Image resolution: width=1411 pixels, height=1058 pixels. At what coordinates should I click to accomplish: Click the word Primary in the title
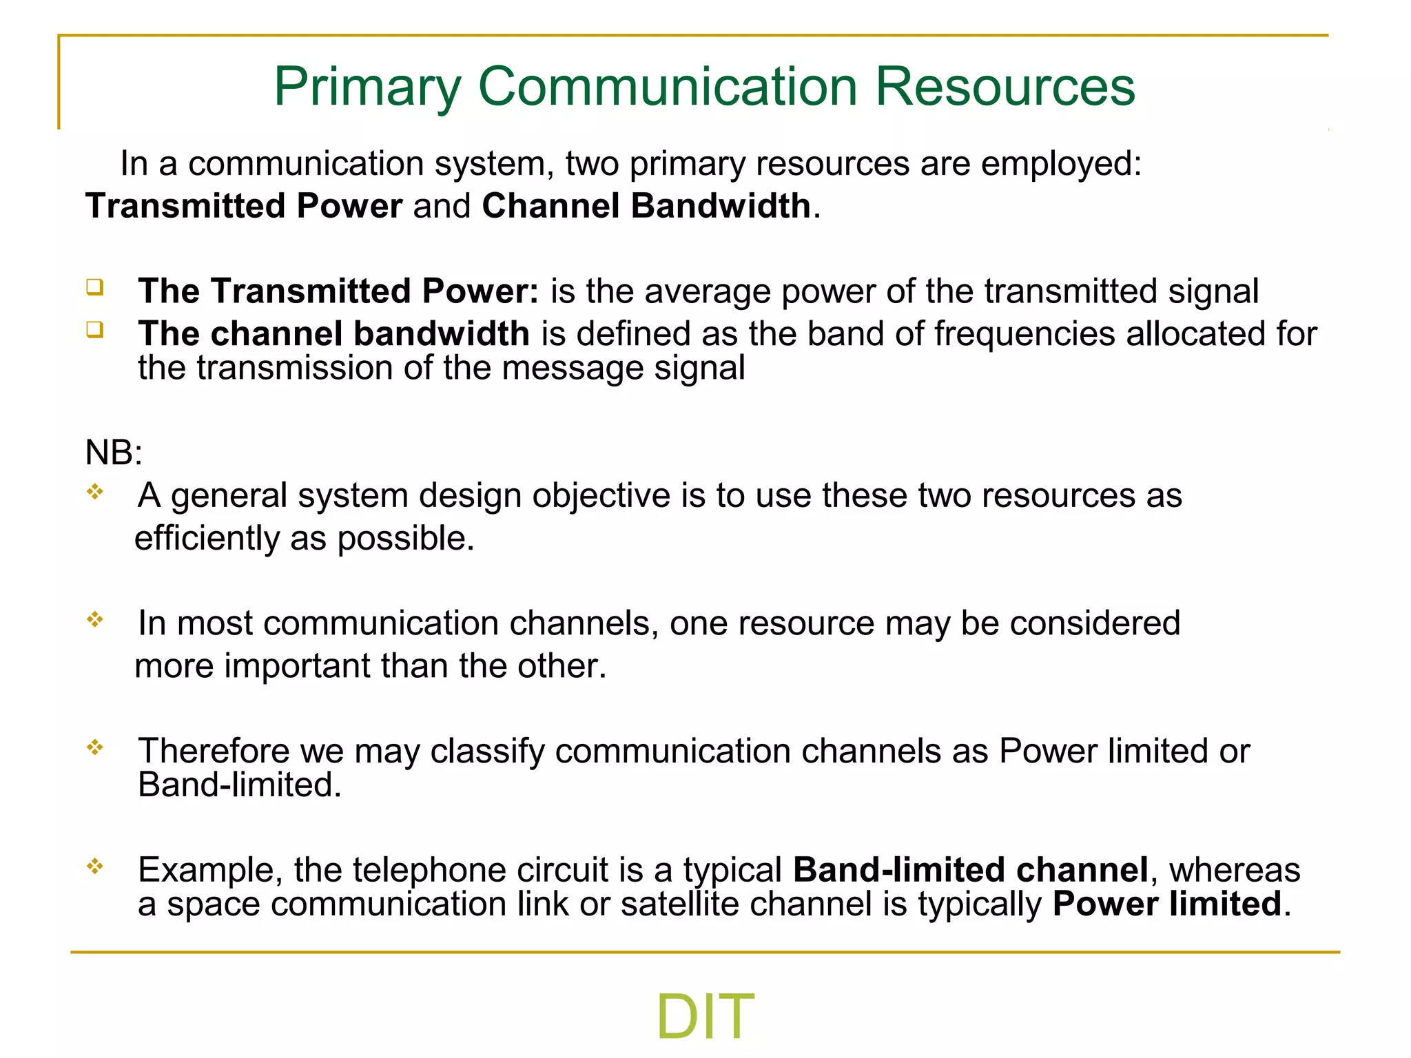point(367,87)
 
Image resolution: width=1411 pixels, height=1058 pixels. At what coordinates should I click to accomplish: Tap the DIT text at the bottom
point(705,1017)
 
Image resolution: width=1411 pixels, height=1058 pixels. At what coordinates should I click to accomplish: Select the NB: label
point(114,453)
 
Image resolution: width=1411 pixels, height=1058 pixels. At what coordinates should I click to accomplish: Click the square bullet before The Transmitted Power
point(95,287)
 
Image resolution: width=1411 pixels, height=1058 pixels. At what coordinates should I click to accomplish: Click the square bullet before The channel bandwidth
point(95,330)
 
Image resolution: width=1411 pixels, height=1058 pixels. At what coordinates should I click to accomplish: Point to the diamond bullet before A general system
point(95,492)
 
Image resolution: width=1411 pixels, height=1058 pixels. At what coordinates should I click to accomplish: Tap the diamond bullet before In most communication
point(95,619)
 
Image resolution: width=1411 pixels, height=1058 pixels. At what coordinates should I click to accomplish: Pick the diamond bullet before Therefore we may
point(95,747)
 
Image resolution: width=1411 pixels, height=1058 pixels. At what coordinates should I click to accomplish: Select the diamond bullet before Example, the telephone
point(95,866)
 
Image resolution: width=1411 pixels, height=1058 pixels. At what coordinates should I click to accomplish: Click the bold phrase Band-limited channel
point(970,870)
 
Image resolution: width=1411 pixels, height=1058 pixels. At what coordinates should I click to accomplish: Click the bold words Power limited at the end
point(1166,904)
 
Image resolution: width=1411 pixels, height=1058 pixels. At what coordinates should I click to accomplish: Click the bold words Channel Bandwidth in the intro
point(646,206)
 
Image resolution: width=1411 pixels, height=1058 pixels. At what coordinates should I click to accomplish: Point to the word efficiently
point(206,538)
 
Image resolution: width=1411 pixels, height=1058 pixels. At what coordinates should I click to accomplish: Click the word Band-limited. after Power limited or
point(239,785)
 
